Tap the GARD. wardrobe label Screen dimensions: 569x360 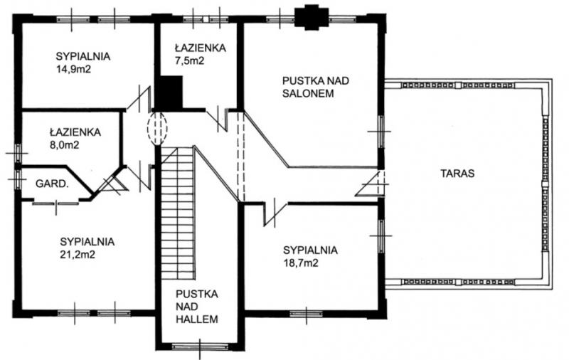[52, 184]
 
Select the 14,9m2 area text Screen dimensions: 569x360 [73, 69]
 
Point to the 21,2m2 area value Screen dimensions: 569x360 [78, 255]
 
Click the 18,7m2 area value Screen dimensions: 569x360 [300, 263]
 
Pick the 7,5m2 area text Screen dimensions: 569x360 [189, 60]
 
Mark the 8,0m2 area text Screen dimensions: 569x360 [64, 145]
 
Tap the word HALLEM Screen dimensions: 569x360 [197, 319]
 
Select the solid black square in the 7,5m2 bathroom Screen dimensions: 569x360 [170, 92]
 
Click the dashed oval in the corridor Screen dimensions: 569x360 [157, 129]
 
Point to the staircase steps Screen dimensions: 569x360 [178, 213]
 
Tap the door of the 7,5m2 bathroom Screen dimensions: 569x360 [218, 118]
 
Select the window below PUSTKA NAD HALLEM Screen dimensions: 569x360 [200, 346]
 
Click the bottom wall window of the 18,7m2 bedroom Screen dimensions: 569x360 [307, 313]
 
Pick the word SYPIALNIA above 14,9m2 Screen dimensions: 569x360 [83, 57]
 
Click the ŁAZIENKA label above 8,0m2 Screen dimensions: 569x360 [75, 132]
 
